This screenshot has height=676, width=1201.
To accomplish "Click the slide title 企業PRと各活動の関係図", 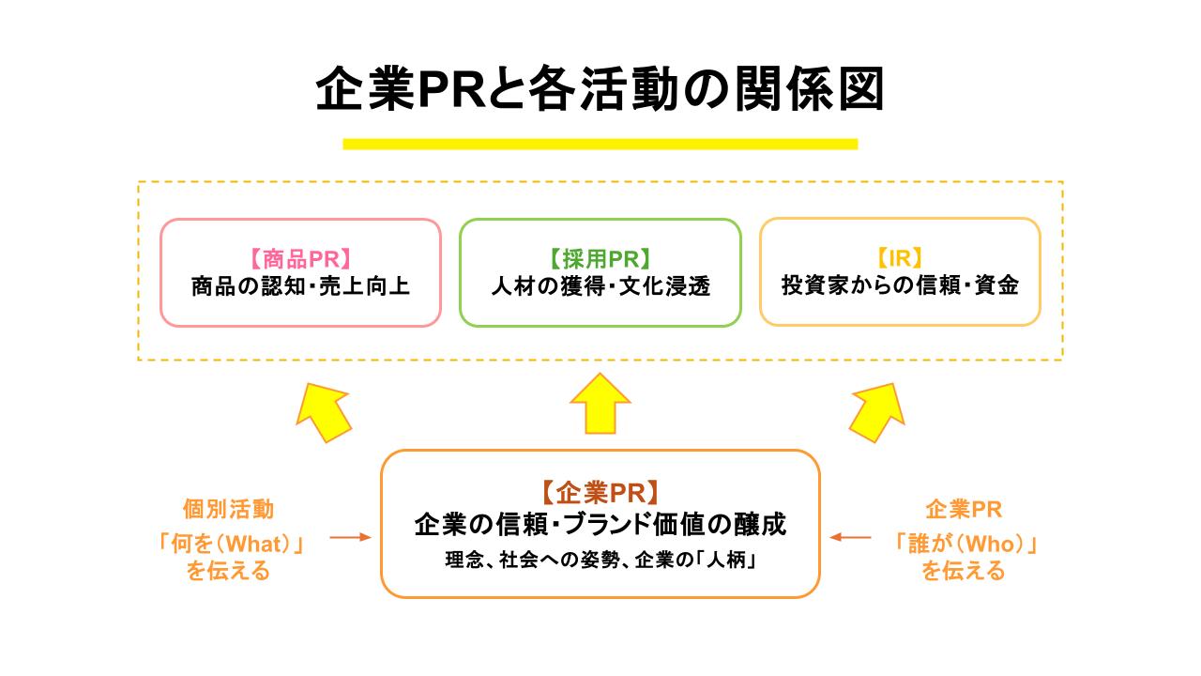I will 600,91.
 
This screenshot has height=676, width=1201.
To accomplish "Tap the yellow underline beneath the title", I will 600,144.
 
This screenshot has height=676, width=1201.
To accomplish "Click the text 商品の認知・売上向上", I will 299,286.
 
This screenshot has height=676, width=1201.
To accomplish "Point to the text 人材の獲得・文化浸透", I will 600,286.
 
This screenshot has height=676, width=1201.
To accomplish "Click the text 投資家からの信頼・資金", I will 900,286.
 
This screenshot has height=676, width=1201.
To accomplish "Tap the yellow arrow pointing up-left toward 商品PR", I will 321,410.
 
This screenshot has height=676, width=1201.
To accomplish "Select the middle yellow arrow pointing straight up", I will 600,404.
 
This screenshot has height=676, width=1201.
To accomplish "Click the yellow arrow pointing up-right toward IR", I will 878,410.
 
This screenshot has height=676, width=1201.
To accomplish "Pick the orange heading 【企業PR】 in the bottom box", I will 600,492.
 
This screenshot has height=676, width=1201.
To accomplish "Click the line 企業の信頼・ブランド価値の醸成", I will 600,524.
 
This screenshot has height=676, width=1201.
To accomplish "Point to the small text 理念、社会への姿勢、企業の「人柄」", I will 600,561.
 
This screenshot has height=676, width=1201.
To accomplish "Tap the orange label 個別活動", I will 228,510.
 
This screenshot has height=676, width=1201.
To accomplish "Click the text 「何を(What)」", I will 234,544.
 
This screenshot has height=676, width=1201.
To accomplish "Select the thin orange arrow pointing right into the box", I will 351,538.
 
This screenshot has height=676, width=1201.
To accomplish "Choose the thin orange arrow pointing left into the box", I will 850,538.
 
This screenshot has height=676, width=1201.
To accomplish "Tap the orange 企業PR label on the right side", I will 964,510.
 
